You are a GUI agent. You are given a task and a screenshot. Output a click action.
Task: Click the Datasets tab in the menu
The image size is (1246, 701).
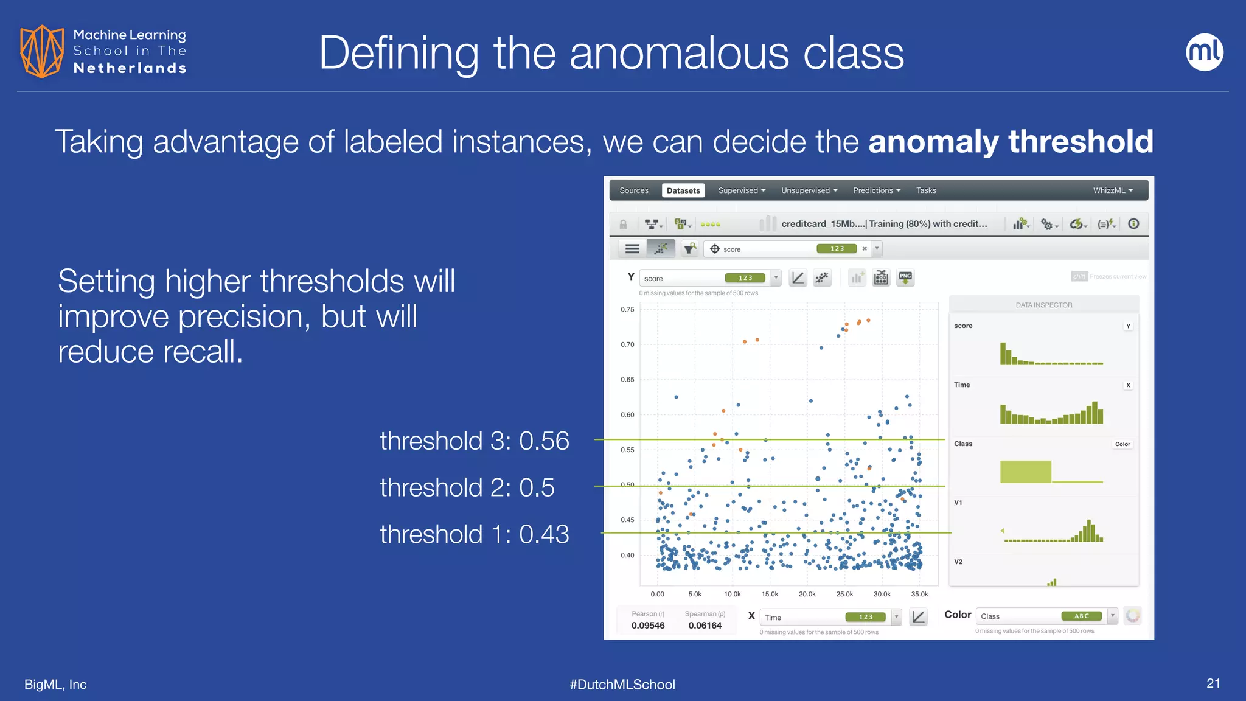pos(683,190)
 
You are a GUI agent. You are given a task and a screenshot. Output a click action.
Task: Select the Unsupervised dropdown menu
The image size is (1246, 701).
pos(809,190)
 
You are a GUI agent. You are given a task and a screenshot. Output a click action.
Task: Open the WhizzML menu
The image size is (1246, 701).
pos(1112,190)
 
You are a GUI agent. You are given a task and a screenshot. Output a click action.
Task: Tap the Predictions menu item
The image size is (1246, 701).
pos(876,190)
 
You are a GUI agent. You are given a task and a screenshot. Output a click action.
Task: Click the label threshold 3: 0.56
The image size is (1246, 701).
pos(474,441)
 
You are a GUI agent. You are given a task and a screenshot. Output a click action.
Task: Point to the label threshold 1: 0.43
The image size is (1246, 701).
pos(474,534)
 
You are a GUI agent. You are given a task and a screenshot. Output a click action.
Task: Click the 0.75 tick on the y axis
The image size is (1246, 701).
pos(627,310)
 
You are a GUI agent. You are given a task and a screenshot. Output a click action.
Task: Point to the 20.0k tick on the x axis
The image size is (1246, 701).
pos(807,594)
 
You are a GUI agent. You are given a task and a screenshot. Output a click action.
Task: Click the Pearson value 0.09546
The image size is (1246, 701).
pos(647,626)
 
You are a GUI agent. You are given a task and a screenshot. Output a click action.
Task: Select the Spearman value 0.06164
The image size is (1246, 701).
pos(705,626)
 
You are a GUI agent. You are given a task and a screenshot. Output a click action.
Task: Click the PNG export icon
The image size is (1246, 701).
pos(905,278)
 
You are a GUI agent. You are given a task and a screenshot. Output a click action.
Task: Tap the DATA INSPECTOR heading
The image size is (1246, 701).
pos(1043,305)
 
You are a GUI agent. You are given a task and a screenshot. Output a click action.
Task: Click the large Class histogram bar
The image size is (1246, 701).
pos(1025,472)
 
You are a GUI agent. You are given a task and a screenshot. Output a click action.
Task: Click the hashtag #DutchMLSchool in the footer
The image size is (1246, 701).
pos(622,685)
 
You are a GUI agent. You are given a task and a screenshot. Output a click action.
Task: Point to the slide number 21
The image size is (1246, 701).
pos(1213,683)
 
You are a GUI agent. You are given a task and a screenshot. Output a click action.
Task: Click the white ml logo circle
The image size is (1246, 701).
pos(1204,52)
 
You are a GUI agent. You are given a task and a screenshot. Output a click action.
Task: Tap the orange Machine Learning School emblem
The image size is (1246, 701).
pos(41,51)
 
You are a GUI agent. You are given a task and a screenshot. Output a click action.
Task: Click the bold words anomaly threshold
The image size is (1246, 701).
pos(1010,142)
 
